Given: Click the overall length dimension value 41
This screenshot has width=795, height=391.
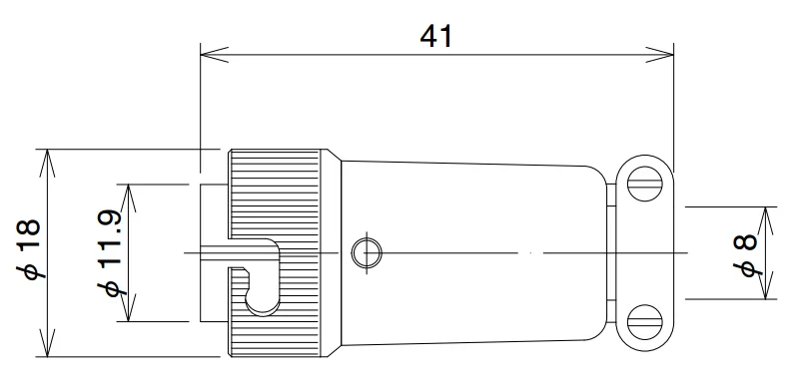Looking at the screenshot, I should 436,36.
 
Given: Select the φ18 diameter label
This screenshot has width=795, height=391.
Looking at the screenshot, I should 29,250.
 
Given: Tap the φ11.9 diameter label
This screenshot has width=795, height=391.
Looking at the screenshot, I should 109,252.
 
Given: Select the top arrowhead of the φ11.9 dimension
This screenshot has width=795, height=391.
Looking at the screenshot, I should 129,191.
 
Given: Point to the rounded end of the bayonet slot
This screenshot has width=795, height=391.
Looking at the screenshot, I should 262,299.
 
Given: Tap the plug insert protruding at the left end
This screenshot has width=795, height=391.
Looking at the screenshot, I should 213,214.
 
